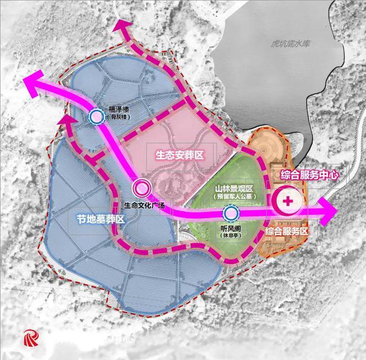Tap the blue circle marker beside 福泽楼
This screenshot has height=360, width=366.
click(96, 116)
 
